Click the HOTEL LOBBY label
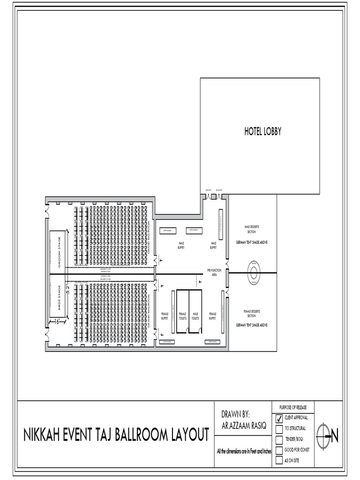click(x=262, y=132)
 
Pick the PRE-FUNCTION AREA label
click(x=214, y=272)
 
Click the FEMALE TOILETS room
click(x=182, y=316)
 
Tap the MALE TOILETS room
click(x=195, y=316)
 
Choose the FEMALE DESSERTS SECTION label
click(x=252, y=313)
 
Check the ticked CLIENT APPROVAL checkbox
click(x=279, y=418)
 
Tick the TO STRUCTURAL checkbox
click(x=279, y=428)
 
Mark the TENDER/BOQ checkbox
click(x=279, y=439)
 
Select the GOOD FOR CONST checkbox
click(x=279, y=450)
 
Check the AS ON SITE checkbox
click(x=279, y=460)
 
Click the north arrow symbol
click(x=327, y=437)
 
